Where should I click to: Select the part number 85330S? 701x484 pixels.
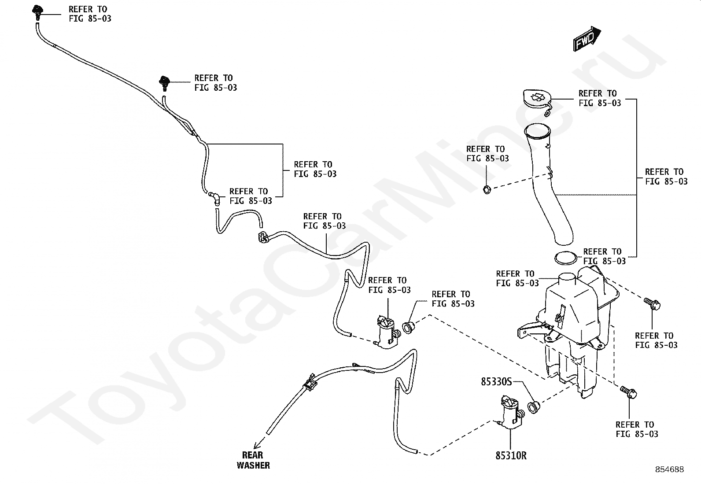(496, 381)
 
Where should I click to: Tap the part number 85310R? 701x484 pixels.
(511, 455)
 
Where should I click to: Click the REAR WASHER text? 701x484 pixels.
(253, 460)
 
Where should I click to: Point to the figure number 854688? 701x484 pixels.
(669, 469)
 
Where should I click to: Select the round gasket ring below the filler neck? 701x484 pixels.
(565, 258)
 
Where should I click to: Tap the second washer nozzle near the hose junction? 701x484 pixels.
(164, 82)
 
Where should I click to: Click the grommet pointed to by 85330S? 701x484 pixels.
(533, 406)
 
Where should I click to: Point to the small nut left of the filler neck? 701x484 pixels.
(487, 190)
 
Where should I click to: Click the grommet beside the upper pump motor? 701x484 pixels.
(409, 327)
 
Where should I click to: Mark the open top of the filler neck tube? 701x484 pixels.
(538, 130)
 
